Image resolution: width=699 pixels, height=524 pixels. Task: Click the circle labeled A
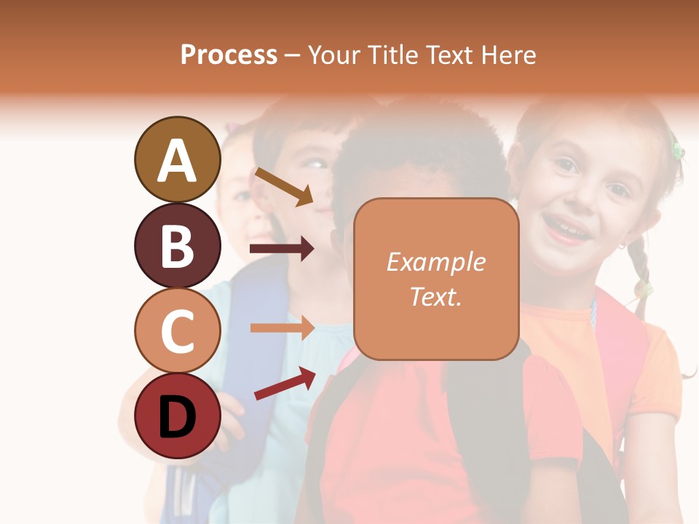pyautogui.click(x=177, y=159)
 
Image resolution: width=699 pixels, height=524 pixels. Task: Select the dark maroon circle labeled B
pyautogui.click(x=177, y=245)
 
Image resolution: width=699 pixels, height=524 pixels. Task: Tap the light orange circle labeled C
pyautogui.click(x=177, y=330)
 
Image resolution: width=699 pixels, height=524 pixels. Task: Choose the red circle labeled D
pyautogui.click(x=177, y=416)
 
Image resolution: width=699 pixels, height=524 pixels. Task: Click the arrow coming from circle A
pyautogui.click(x=283, y=186)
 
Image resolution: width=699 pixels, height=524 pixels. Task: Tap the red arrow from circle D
pyautogui.click(x=284, y=384)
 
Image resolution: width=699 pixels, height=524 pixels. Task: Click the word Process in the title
pyautogui.click(x=229, y=55)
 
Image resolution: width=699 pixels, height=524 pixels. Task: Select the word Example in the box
pyautogui.click(x=435, y=262)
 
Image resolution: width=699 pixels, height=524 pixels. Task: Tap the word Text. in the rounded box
pyautogui.click(x=435, y=296)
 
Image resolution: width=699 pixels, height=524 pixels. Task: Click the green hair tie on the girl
pyautogui.click(x=678, y=151)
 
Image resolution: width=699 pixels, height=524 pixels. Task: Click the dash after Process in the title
pyautogui.click(x=293, y=55)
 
